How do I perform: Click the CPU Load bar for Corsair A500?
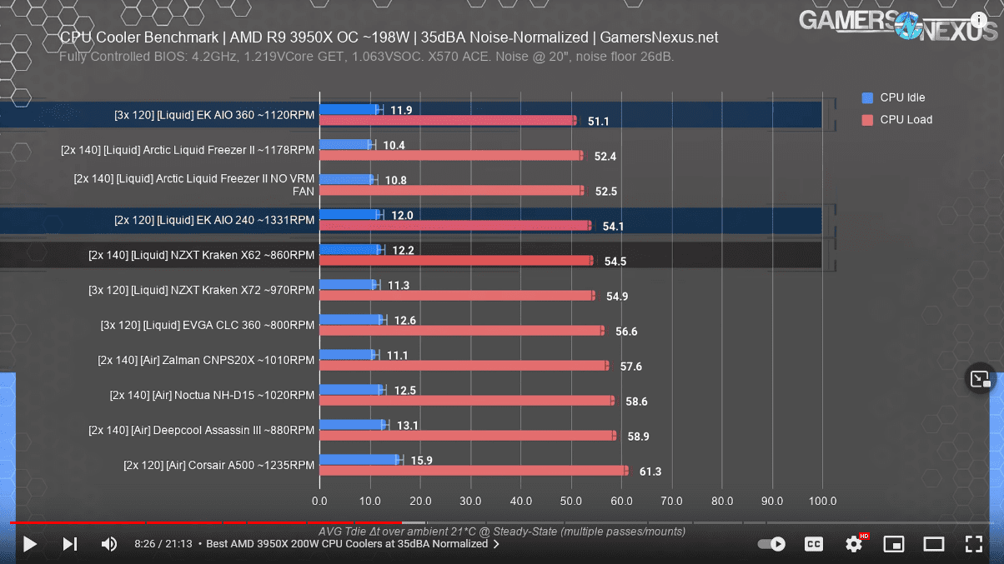coord(473,471)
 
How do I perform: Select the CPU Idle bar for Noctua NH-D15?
coord(351,390)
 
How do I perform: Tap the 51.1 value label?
coord(598,122)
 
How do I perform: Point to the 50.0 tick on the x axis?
coord(571,502)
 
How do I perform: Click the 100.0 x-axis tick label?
coord(822,502)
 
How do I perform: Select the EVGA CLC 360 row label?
coord(208,325)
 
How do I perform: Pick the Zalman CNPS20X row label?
coord(206,360)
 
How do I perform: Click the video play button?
coord(30,544)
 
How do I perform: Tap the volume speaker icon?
coord(109,544)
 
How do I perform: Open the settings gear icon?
coord(854,544)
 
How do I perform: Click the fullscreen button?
coord(973,544)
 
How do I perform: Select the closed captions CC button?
coord(814,544)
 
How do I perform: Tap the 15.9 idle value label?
coord(421,461)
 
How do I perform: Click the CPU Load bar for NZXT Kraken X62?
coord(455,261)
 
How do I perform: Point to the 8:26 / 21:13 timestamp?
coord(163,544)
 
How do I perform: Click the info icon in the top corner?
coord(979,20)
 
